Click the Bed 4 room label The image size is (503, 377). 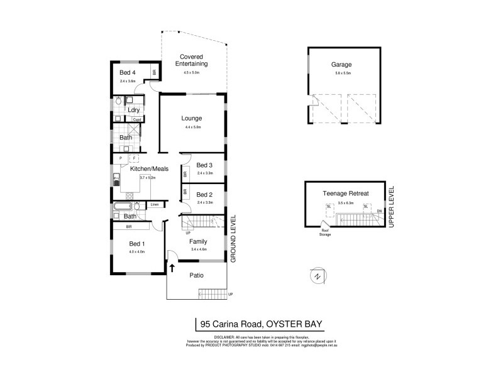click(128, 72)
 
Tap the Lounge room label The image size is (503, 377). click(191, 117)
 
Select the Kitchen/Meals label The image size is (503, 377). click(149, 168)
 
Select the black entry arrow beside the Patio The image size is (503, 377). click(172, 268)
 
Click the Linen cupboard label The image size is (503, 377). click(155, 205)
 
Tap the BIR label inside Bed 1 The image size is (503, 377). click(128, 226)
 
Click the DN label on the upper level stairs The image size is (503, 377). click(379, 210)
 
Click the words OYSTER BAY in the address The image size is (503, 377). click(294, 324)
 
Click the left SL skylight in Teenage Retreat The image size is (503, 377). click(328, 207)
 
